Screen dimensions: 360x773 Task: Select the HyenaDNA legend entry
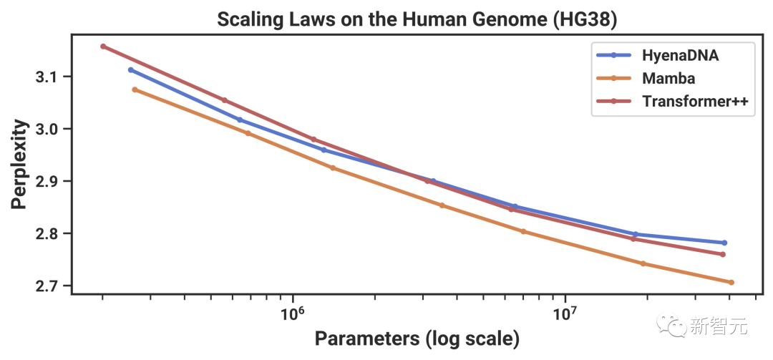(680, 54)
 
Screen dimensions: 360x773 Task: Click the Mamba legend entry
(669, 78)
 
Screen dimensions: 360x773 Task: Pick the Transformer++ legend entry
(695, 102)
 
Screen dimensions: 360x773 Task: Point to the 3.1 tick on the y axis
(47, 77)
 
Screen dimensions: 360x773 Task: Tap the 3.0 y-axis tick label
(47, 129)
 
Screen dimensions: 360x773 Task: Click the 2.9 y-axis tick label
(47, 181)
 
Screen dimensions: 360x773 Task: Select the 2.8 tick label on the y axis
(47, 234)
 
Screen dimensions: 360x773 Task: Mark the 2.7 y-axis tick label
(47, 286)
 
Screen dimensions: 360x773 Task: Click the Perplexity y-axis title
(21, 165)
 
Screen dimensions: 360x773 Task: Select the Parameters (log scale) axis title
(417, 339)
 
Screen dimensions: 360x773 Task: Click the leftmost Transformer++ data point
(103, 47)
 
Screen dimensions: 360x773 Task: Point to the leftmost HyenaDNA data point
(130, 70)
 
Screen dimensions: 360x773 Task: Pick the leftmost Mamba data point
(135, 89)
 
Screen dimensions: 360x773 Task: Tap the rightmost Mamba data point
(731, 282)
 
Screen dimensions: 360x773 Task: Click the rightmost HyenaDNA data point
(724, 243)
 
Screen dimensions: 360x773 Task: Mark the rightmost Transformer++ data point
(723, 254)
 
